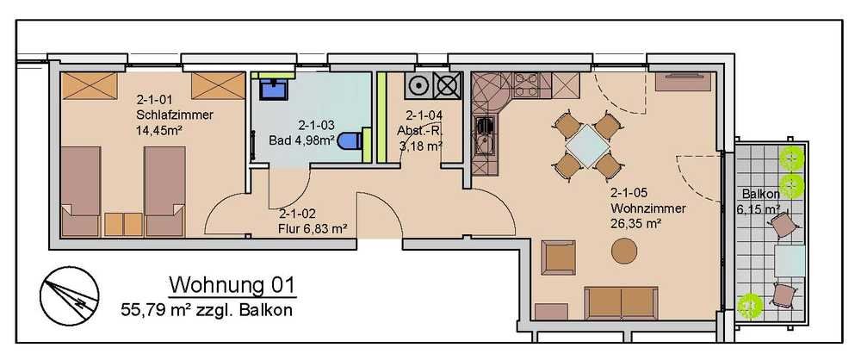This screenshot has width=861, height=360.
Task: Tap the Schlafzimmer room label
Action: tap(175, 115)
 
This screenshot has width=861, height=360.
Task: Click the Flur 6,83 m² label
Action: tap(313, 228)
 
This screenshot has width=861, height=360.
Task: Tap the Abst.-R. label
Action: tap(420, 132)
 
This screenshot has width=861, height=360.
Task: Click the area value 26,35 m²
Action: tap(635, 224)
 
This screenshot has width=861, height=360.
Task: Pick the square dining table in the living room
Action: tap(587, 145)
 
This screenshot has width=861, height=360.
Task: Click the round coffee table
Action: tap(624, 252)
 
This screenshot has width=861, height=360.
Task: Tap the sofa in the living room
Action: tap(622, 302)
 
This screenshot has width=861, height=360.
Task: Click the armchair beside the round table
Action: tap(558, 258)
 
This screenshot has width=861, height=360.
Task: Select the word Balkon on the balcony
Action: tap(760, 194)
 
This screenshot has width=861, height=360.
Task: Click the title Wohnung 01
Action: tap(232, 286)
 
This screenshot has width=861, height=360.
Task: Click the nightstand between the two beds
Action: tap(123, 225)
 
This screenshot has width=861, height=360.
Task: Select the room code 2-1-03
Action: tap(316, 125)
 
